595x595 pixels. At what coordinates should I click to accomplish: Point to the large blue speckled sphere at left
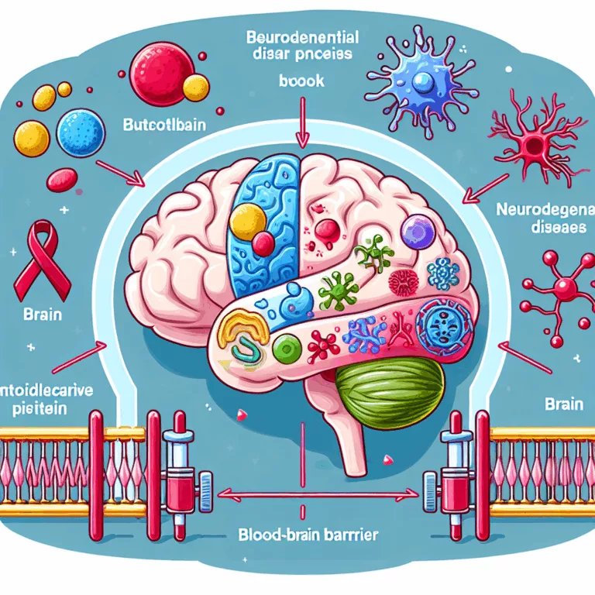[x=81, y=130]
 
